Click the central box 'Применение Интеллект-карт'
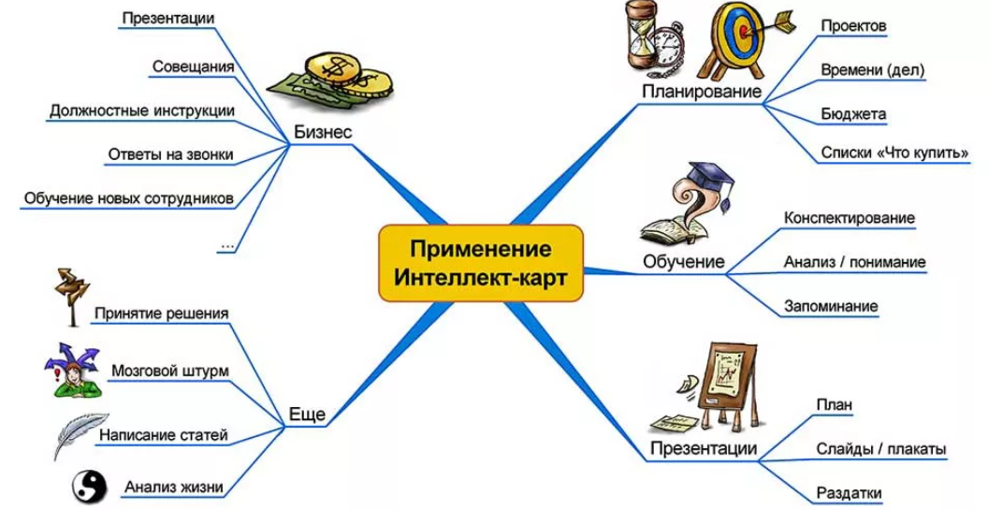pos(480,264)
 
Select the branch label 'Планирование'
pos(702,92)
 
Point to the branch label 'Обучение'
pos(684,261)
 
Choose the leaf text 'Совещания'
pos(193,66)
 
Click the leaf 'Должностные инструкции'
pos(142,110)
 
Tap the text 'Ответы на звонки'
pos(171,154)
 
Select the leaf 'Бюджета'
pos(853,114)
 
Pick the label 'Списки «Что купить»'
pos(894,152)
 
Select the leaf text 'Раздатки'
pos(849,493)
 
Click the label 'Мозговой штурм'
pos(169,371)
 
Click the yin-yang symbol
pos(92,486)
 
